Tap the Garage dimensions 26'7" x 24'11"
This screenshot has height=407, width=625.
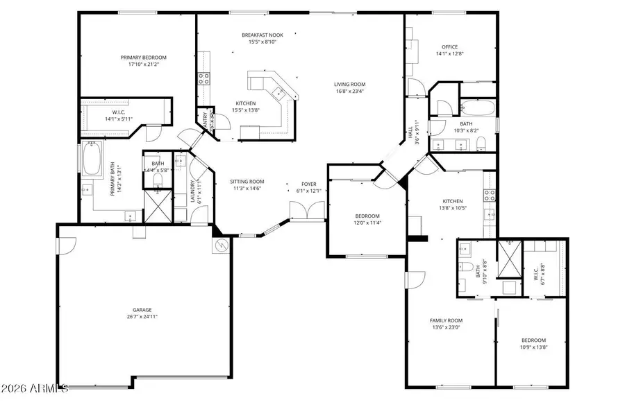[142, 317]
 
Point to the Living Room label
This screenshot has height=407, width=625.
[350, 83]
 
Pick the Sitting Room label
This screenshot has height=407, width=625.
[247, 181]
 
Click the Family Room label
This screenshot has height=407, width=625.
[446, 320]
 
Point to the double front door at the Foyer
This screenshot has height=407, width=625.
[307, 210]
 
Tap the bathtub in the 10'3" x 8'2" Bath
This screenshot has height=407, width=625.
[478, 109]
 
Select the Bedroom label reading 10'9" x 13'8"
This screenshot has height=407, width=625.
[533, 340]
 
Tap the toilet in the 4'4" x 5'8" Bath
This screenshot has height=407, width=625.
[158, 180]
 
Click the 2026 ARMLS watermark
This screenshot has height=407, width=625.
[35, 387]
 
